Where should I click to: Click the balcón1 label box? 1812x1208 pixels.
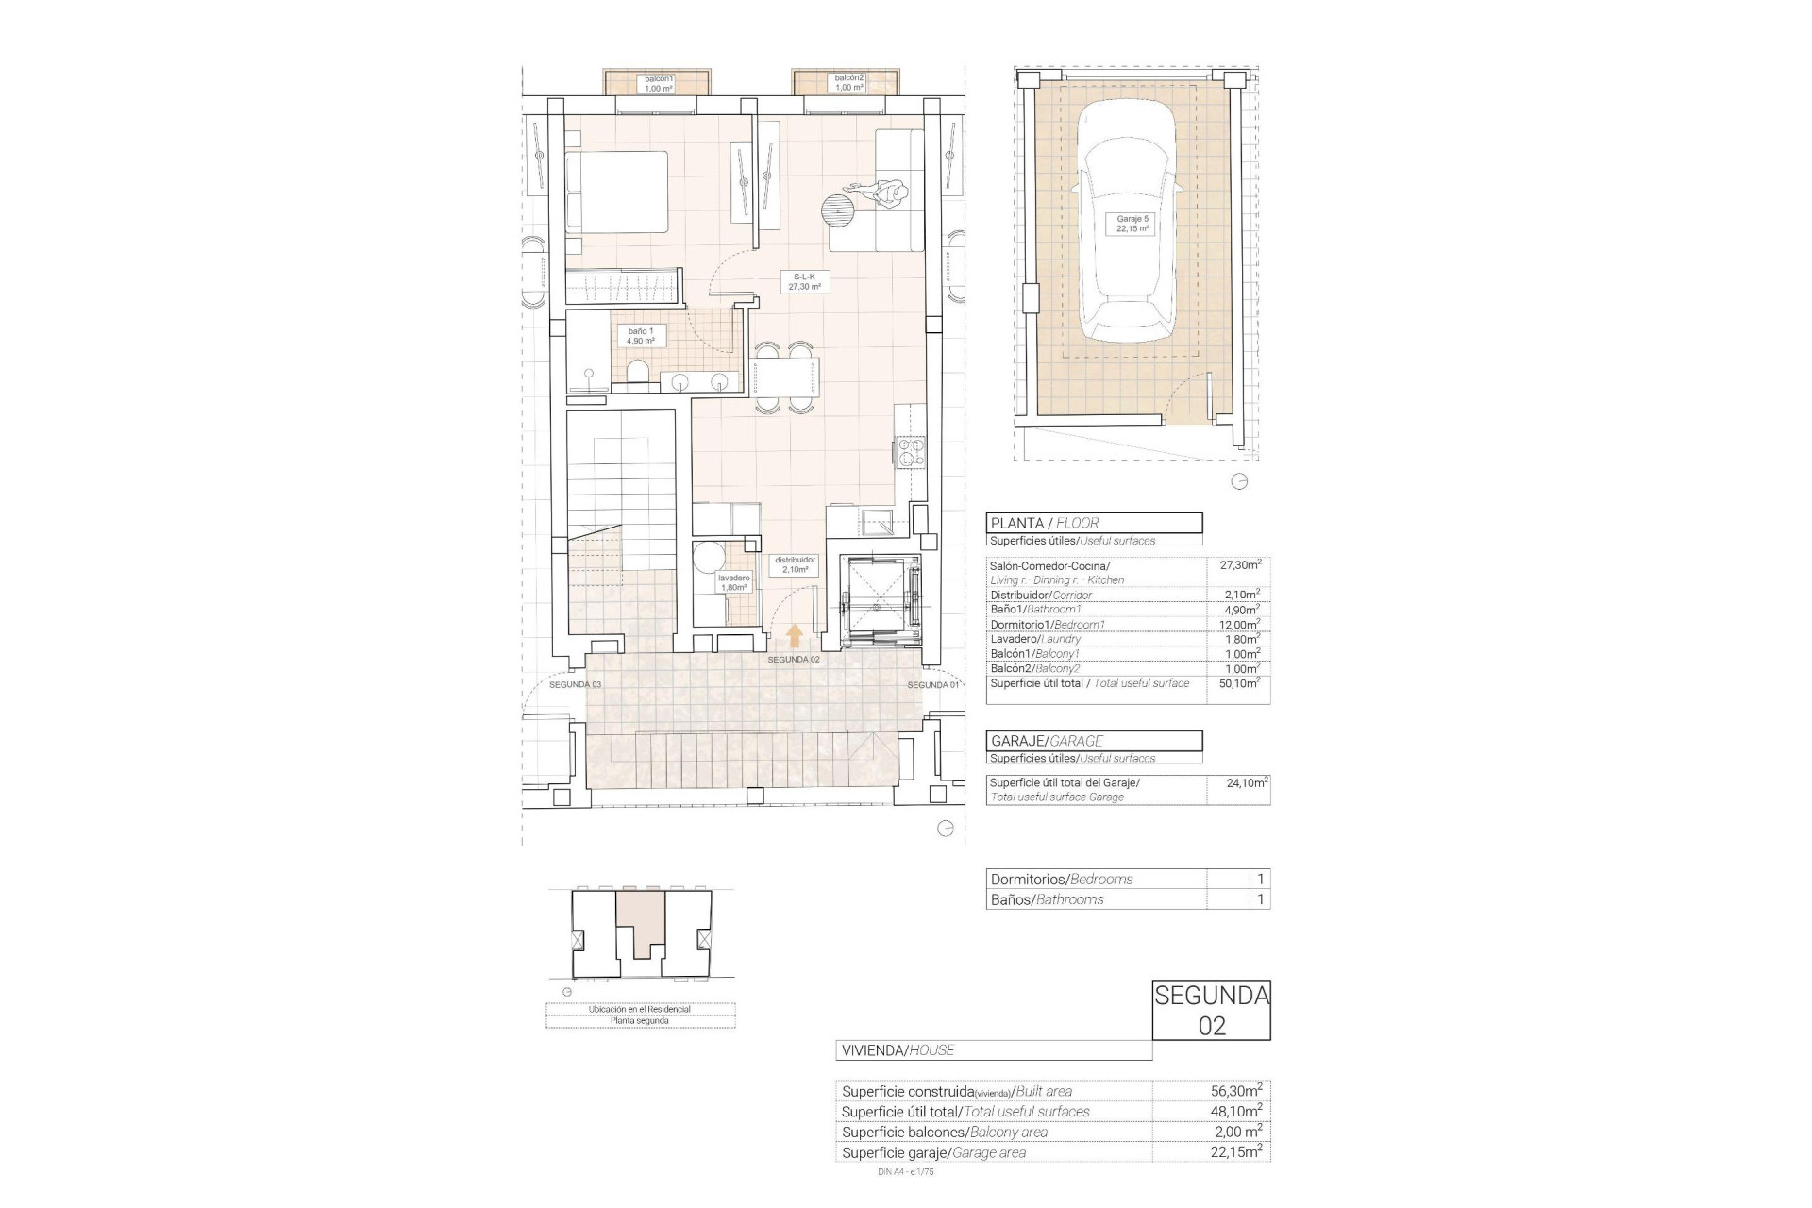(659, 83)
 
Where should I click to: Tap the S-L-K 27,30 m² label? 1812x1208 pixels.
(805, 281)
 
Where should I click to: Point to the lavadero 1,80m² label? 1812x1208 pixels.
(733, 582)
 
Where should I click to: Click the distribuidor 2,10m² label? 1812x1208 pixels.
(795, 564)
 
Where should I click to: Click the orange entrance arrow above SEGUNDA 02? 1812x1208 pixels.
(795, 634)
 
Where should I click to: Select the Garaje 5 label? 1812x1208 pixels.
(1132, 224)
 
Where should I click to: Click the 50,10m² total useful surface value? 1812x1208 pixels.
(1239, 683)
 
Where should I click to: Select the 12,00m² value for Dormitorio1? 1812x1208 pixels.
(1239, 625)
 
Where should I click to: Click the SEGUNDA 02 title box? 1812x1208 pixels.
(1211, 1010)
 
